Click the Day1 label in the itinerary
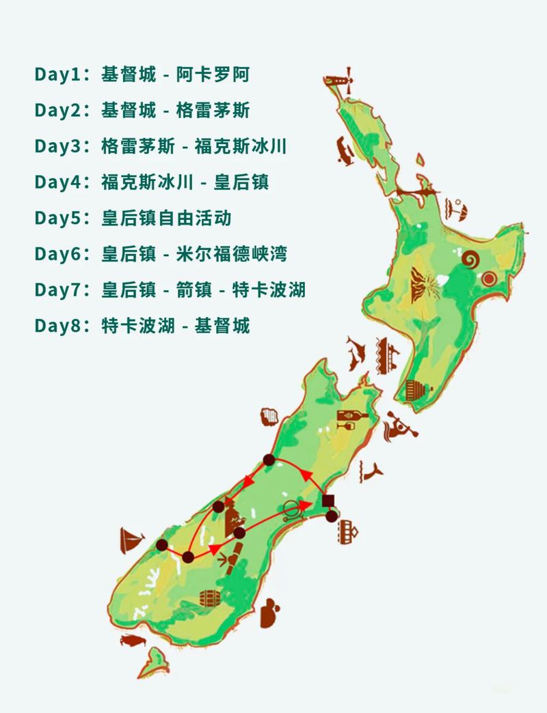pyautogui.click(x=57, y=74)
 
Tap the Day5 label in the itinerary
pyautogui.click(x=57, y=218)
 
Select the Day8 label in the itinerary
pyautogui.click(x=57, y=326)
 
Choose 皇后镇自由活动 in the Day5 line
pyautogui.click(x=166, y=218)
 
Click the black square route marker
pyautogui.click(x=328, y=499)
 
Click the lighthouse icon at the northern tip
pyautogui.click(x=345, y=76)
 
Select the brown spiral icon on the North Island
pyautogui.click(x=470, y=259)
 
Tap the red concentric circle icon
pyautogui.click(x=488, y=278)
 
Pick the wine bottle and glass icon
pyautogui.click(x=353, y=419)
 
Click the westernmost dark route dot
pyautogui.click(x=161, y=545)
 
